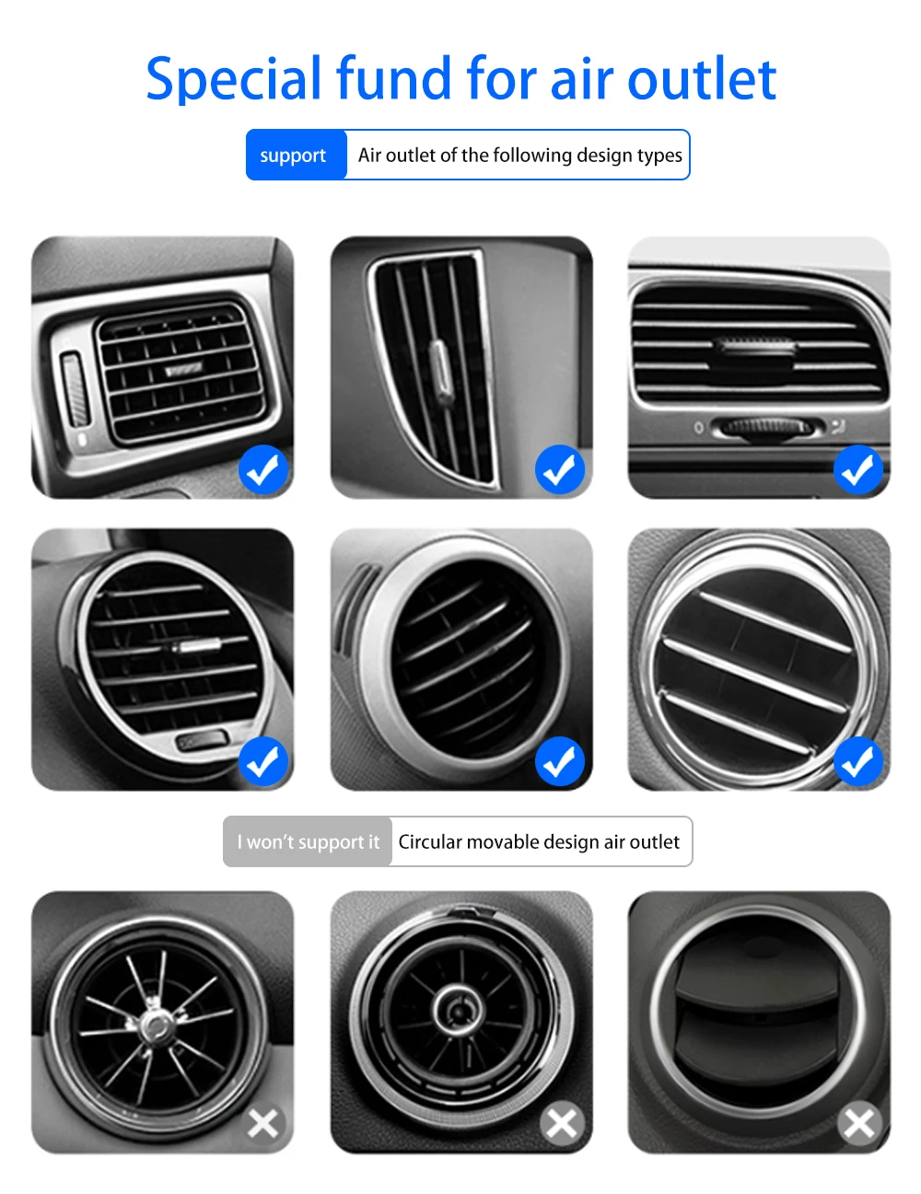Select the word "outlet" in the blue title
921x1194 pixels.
pyautogui.click(x=702, y=79)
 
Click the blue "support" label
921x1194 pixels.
pyautogui.click(x=293, y=156)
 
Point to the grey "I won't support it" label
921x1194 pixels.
pyautogui.click(x=308, y=841)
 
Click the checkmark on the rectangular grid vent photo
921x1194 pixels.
pyautogui.click(x=263, y=470)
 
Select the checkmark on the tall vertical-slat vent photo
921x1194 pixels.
pyautogui.click(x=560, y=470)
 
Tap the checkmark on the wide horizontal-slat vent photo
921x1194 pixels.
pyautogui.click(x=858, y=470)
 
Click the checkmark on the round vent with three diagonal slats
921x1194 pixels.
pyautogui.click(x=858, y=762)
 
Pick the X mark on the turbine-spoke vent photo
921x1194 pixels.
pyautogui.click(x=263, y=1123)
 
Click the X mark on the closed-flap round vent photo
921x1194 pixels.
pyautogui.click(x=858, y=1123)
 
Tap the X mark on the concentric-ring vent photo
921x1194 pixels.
pyautogui.click(x=562, y=1123)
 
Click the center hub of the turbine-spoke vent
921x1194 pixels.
pyautogui.click(x=156, y=1023)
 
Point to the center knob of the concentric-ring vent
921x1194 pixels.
pyautogui.click(x=458, y=1010)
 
